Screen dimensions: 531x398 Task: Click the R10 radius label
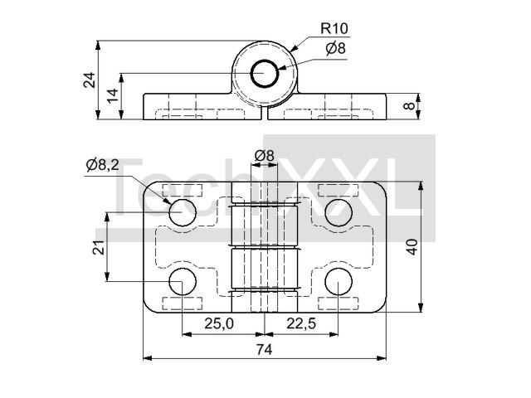tap(334, 28)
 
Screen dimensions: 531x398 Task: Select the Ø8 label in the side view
tap(335, 48)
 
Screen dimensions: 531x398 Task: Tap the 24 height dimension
tap(90, 80)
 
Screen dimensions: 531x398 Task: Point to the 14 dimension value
tap(112, 96)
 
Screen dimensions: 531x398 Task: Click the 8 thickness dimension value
tap(409, 106)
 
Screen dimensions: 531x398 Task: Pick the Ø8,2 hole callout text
tap(103, 165)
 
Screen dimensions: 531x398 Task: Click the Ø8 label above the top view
tap(264, 156)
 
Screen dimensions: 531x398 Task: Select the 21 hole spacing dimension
tap(99, 247)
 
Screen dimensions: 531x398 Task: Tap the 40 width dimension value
tap(412, 247)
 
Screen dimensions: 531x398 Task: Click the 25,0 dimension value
tap(219, 324)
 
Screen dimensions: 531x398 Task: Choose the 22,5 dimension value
tap(301, 324)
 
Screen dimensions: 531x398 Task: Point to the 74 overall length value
tap(264, 350)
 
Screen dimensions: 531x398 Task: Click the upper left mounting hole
tap(183, 212)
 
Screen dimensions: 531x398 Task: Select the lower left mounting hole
tap(183, 282)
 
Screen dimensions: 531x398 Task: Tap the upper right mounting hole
tap(339, 212)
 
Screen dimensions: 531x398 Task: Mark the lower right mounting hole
tap(339, 282)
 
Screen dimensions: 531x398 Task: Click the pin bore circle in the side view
tap(265, 61)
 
